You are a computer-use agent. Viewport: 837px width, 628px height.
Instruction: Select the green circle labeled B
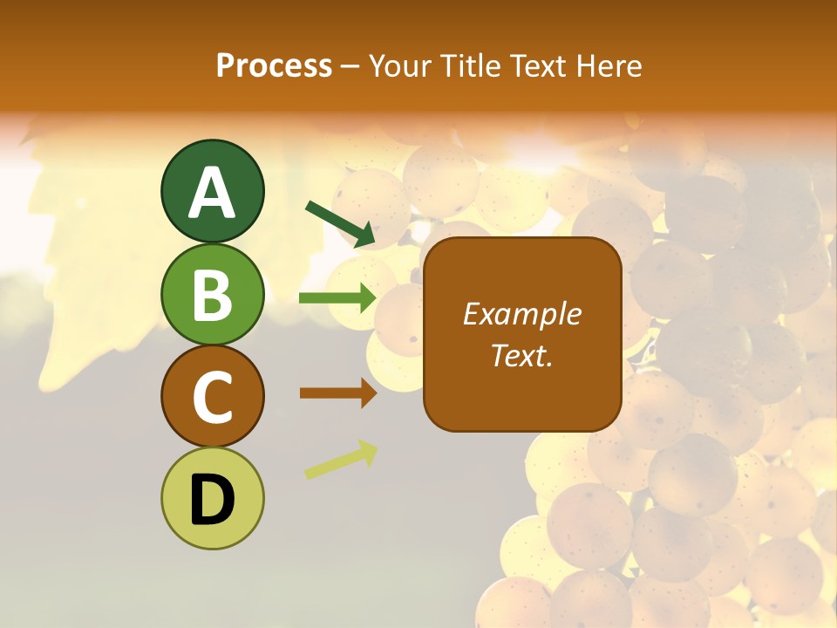(x=212, y=294)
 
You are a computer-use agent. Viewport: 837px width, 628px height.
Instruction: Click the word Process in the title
(x=274, y=66)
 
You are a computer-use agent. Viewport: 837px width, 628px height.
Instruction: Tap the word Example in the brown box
(x=521, y=314)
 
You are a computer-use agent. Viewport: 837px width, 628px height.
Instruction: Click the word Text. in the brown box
(x=521, y=355)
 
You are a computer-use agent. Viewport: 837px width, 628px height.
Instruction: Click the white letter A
(x=212, y=193)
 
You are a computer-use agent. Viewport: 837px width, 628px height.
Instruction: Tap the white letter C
(x=212, y=398)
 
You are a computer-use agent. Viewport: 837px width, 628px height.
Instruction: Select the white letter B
(x=212, y=295)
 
